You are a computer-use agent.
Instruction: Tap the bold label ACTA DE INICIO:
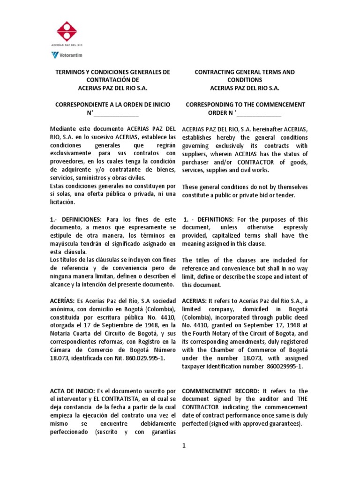(72, 391)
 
